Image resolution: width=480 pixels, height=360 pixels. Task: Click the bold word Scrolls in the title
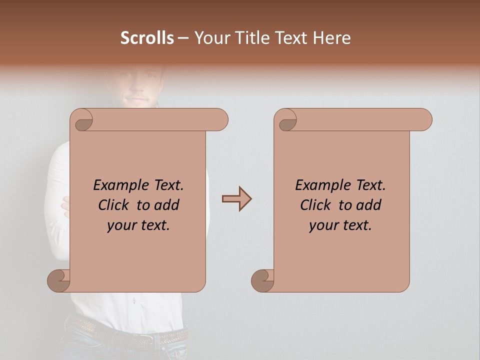[x=147, y=38]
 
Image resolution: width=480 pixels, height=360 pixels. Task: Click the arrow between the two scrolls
[x=236, y=199]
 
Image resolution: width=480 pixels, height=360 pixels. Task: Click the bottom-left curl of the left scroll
[x=59, y=281]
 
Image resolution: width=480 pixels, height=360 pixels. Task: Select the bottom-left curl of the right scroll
[x=262, y=281]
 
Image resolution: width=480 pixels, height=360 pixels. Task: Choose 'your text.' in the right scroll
[x=340, y=225]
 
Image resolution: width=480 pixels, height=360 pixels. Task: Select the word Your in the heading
[x=210, y=38]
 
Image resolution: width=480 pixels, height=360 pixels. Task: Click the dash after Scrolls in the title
[x=183, y=38]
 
